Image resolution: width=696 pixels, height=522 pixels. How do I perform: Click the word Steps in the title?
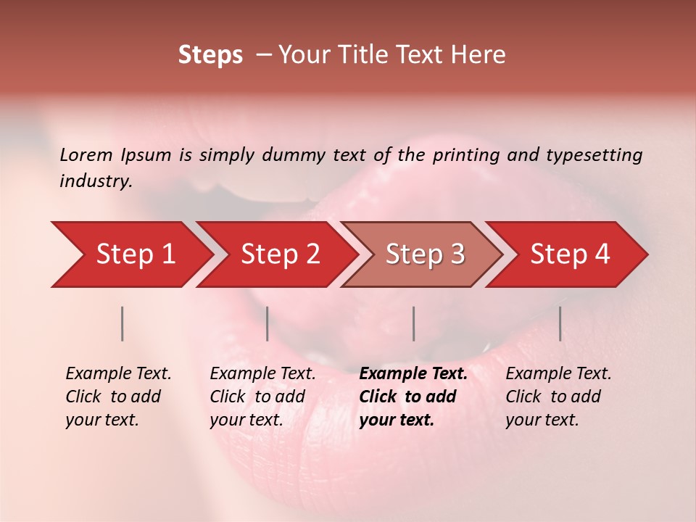[x=210, y=55]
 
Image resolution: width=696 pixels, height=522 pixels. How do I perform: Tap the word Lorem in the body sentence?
[x=86, y=154]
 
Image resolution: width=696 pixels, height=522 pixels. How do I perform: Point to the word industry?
[x=96, y=181]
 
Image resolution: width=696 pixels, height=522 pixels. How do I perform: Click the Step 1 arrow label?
[x=136, y=254]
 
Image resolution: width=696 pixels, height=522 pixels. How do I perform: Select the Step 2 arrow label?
[x=281, y=254]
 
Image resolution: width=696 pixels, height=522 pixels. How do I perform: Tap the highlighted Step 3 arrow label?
[x=425, y=254]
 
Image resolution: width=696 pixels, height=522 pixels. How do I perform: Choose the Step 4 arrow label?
[x=570, y=254]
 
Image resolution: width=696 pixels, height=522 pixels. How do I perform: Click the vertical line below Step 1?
[x=122, y=323]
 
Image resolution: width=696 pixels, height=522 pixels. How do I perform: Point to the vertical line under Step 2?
[x=268, y=323]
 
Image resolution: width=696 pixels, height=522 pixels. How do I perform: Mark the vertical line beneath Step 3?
[x=413, y=323]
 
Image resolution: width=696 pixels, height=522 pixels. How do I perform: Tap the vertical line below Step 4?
[x=560, y=323]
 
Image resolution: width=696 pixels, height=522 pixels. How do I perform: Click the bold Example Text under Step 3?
[x=413, y=374]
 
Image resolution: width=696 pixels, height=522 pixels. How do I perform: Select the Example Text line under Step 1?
[x=118, y=374]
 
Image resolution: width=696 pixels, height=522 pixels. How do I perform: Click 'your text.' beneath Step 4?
[x=542, y=420]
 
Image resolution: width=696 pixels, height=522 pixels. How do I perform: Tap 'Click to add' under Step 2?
[x=257, y=397]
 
